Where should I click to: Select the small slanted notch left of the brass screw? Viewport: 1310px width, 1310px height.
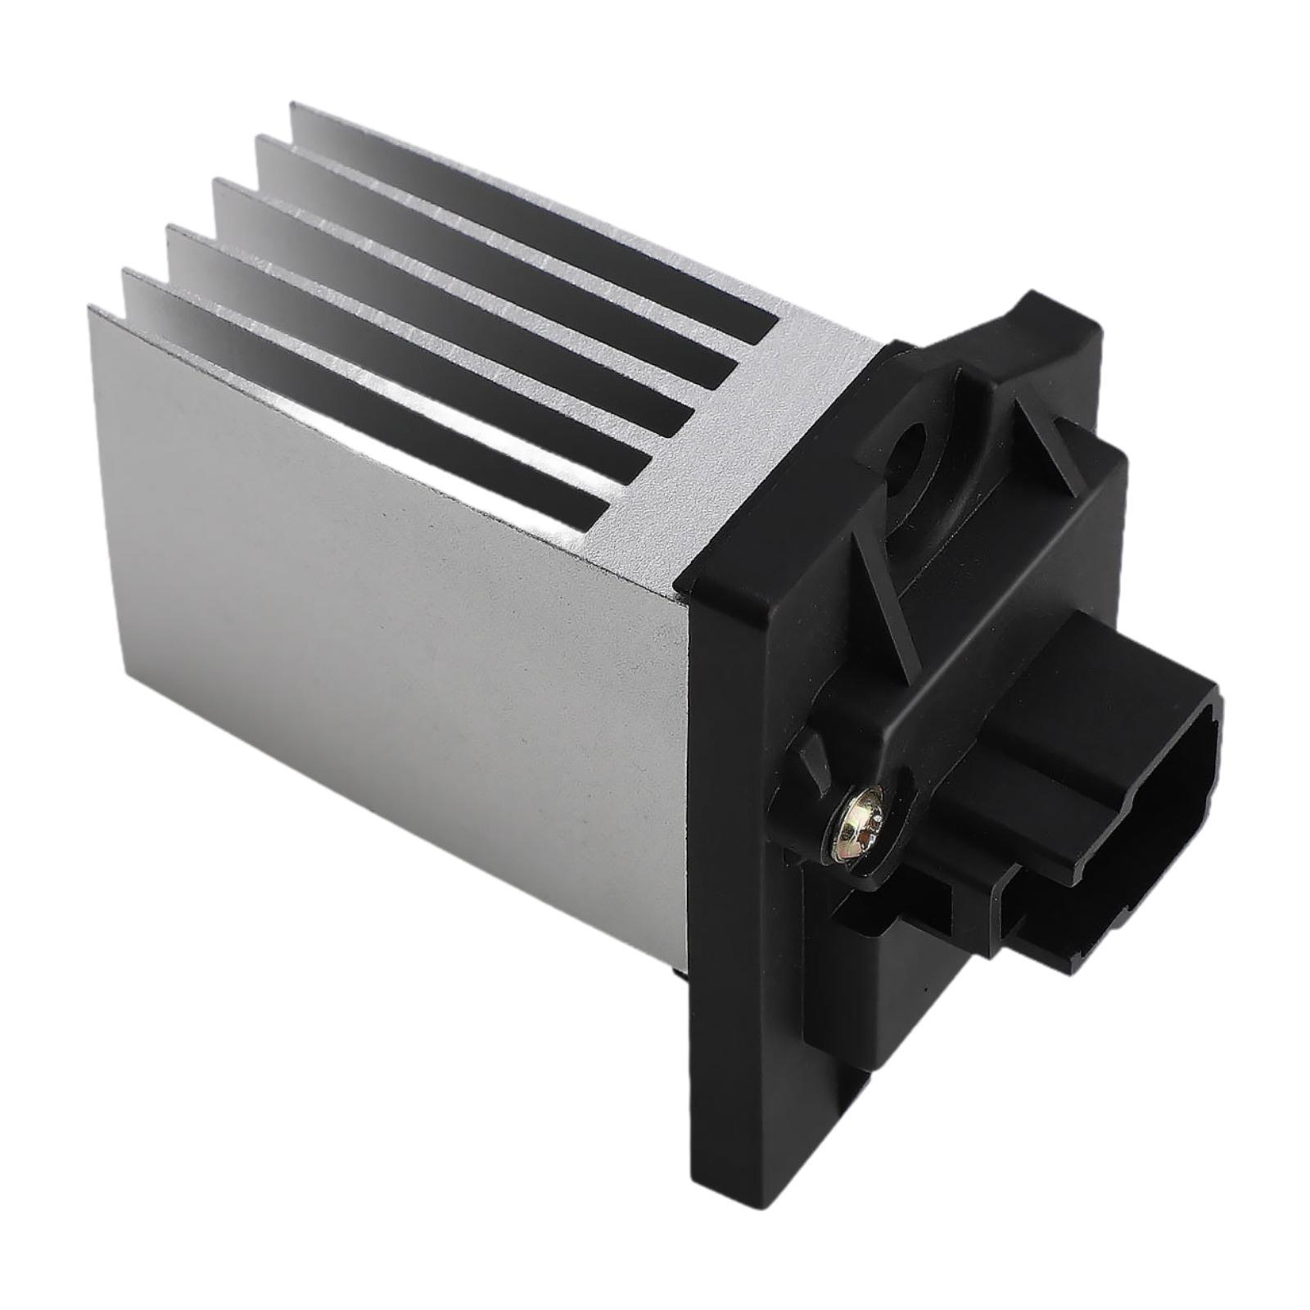[815, 757]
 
